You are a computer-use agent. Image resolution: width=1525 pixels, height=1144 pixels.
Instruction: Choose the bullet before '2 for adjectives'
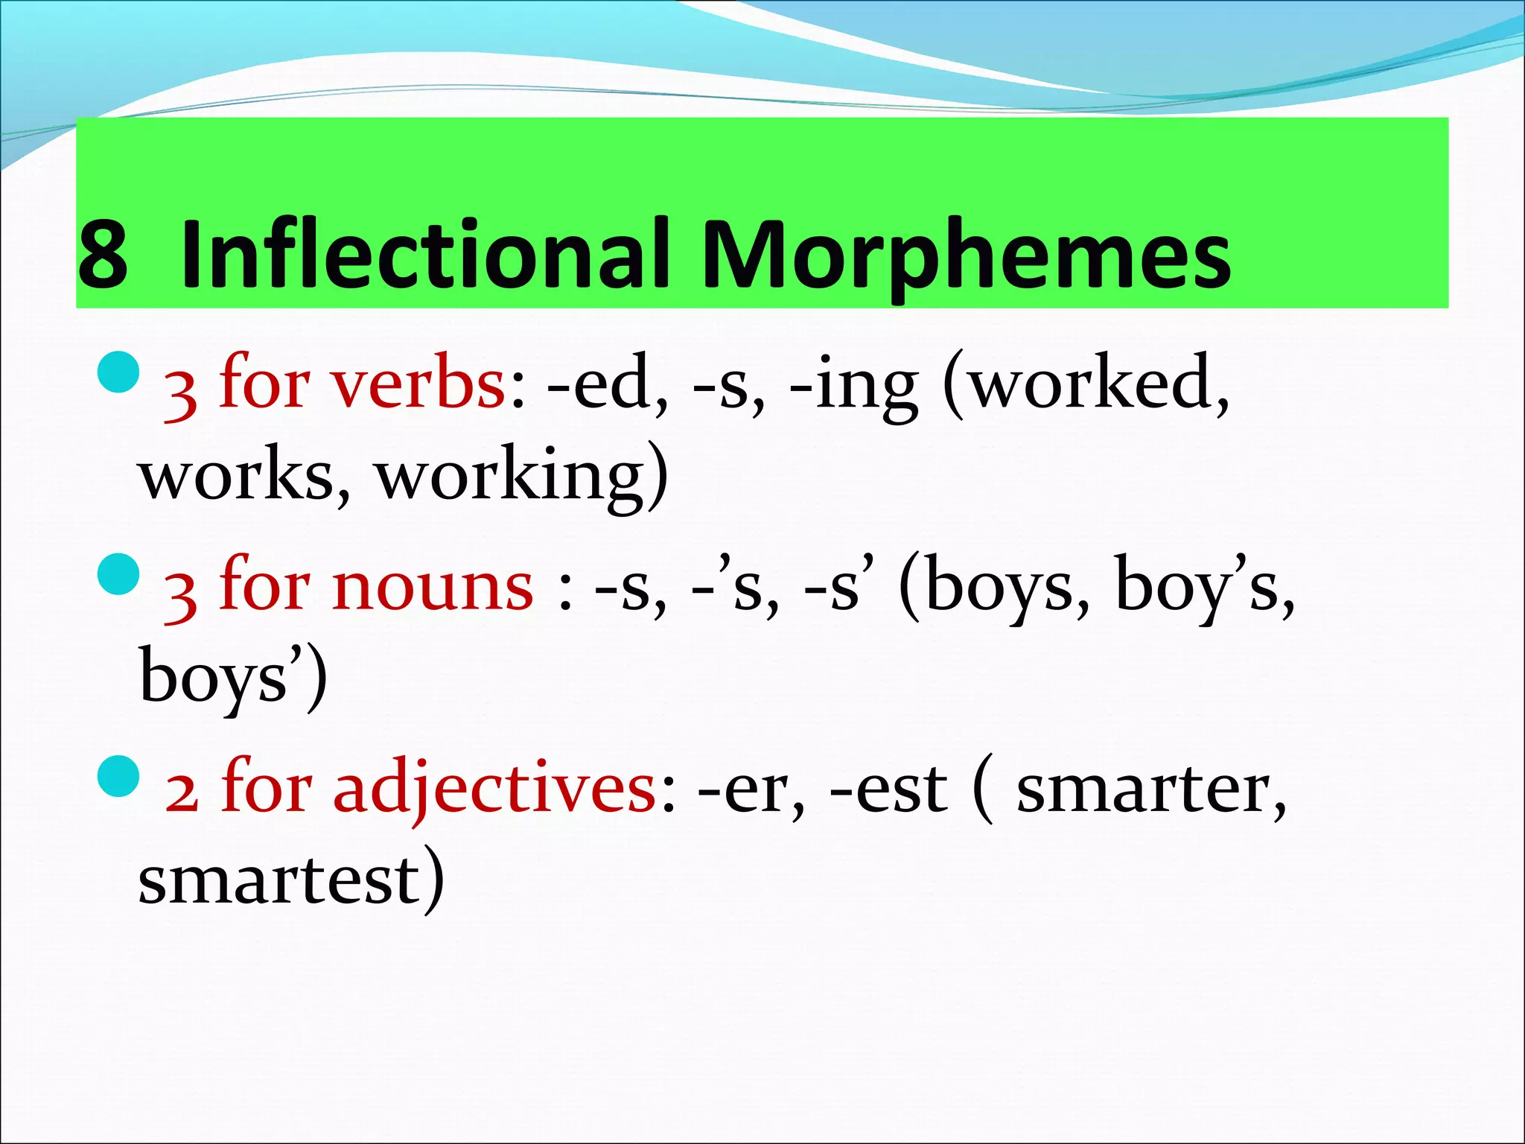(x=119, y=775)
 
